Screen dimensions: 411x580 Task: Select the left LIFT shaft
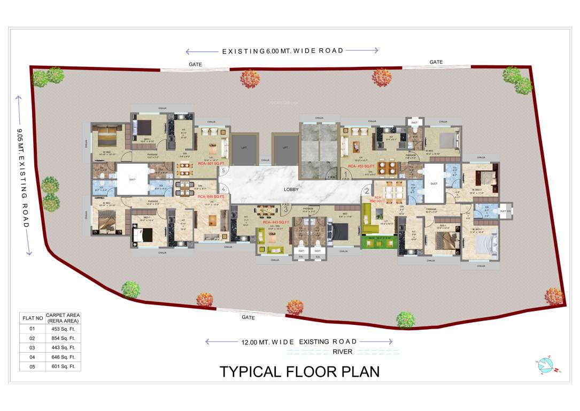243,147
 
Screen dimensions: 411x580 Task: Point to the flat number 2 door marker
367,190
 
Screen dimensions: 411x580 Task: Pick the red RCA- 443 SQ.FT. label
276,222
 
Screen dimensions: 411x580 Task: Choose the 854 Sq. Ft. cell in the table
63,338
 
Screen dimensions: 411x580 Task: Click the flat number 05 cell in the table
32,367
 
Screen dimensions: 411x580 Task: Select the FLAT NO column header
32,318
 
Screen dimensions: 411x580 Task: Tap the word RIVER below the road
343,352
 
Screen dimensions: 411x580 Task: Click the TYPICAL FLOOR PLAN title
299,372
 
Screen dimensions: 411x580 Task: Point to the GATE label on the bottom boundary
248,317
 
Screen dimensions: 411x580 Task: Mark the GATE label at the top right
436,62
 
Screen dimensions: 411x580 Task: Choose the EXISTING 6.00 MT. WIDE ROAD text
282,51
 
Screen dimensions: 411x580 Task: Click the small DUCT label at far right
504,211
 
